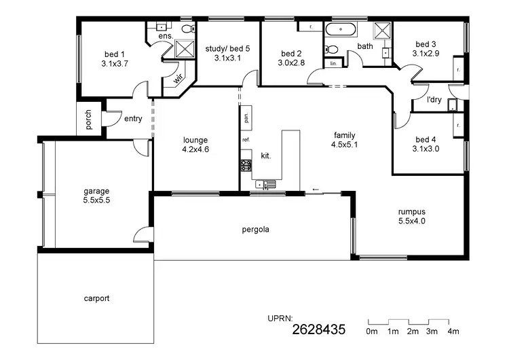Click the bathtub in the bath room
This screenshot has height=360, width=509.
(340, 30)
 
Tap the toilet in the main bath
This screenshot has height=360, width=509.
(329, 49)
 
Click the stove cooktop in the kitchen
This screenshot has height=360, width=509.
(246, 164)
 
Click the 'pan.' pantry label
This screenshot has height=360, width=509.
(246, 117)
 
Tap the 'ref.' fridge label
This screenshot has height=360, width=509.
(246, 140)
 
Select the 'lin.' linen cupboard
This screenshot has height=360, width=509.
(333, 63)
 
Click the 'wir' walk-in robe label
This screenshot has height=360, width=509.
(178, 78)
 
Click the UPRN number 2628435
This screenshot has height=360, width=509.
(319, 331)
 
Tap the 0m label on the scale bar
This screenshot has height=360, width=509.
(371, 331)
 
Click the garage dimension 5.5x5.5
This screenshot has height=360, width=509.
(96, 200)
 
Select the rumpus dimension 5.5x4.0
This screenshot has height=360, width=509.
(411, 221)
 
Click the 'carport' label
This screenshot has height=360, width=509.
(96, 298)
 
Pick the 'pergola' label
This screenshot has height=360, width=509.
(255, 230)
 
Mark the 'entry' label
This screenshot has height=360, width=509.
(133, 119)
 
